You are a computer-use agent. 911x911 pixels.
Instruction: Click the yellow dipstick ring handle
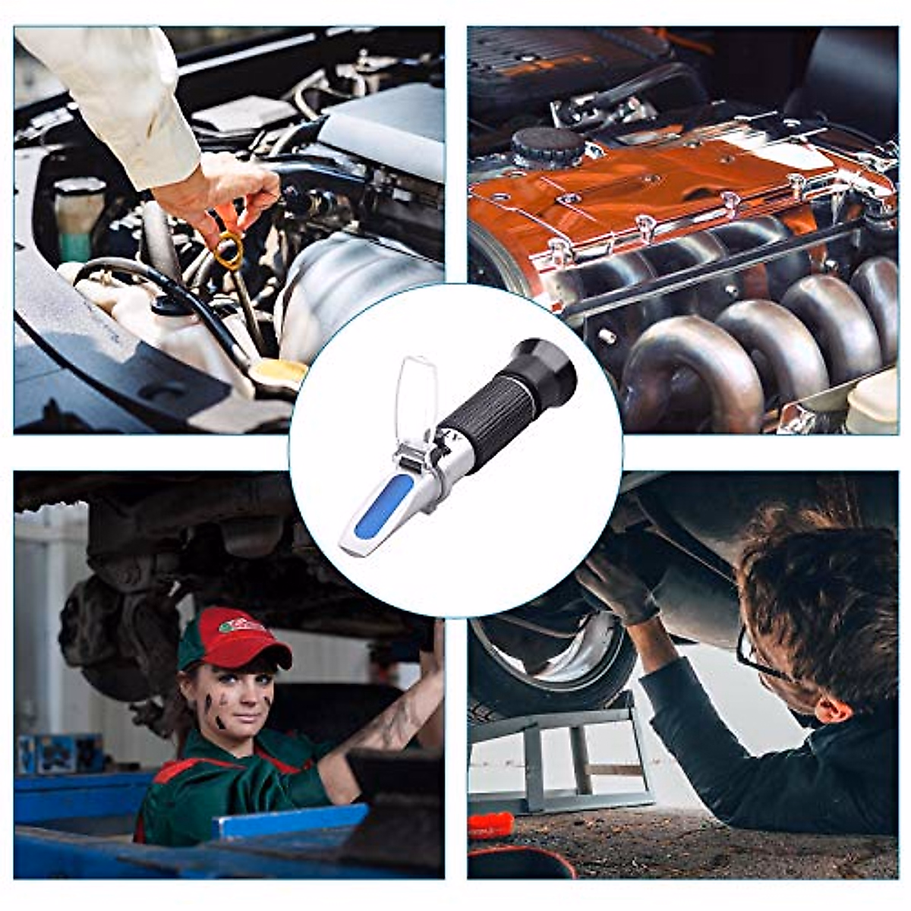tap(228, 251)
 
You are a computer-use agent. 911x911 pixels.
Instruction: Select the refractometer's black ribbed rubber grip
tap(487, 414)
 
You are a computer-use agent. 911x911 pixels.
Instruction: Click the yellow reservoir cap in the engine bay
tap(278, 372)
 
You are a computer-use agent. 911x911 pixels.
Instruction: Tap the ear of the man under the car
tap(831, 710)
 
